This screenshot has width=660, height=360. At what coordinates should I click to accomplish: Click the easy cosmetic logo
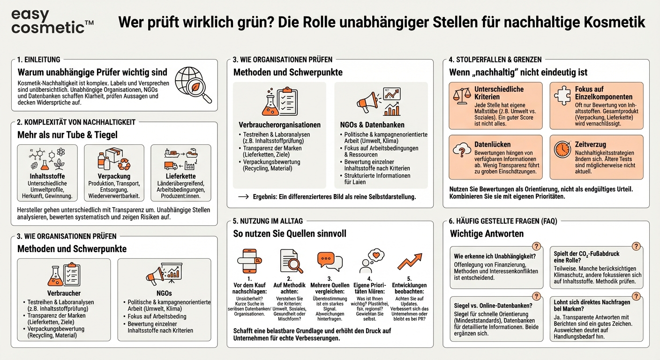point(52,21)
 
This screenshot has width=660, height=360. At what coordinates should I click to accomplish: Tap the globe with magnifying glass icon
point(193,85)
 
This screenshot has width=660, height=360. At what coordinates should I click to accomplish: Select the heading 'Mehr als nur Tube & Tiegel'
point(67,135)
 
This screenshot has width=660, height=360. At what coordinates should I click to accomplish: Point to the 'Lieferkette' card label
point(180,176)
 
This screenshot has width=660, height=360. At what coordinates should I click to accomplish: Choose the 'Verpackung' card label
point(114,176)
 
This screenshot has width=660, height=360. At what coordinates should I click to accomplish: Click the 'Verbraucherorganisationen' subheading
point(279,125)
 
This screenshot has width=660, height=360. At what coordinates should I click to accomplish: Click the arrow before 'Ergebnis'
point(243,197)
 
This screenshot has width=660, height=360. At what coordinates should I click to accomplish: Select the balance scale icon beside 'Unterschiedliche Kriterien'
point(462,95)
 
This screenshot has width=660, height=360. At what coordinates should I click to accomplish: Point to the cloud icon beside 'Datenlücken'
point(462,149)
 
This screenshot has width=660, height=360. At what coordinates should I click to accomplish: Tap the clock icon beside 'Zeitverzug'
point(562,149)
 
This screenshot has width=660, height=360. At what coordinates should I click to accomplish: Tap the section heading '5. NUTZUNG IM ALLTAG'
point(268,221)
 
